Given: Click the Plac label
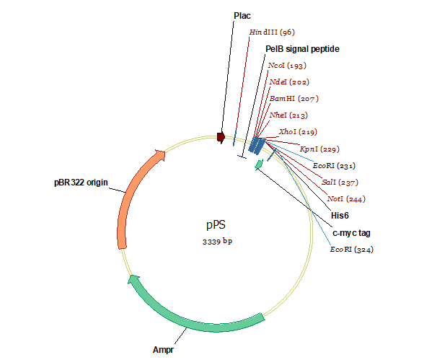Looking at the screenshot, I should [x=242, y=15].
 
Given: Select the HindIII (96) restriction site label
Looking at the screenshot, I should [x=272, y=32].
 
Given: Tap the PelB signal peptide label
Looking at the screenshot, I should [x=302, y=49].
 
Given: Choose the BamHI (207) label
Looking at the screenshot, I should [x=293, y=99].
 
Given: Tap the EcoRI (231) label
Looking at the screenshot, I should [x=332, y=166].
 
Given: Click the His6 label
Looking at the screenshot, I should [x=340, y=216].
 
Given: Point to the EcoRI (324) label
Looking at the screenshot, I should [x=353, y=250].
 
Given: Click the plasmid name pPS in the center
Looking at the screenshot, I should [x=217, y=225].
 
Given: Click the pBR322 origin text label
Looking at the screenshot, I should [x=81, y=183].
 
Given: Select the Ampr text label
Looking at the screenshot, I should [x=163, y=351].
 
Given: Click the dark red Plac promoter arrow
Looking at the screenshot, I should [x=221, y=135].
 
